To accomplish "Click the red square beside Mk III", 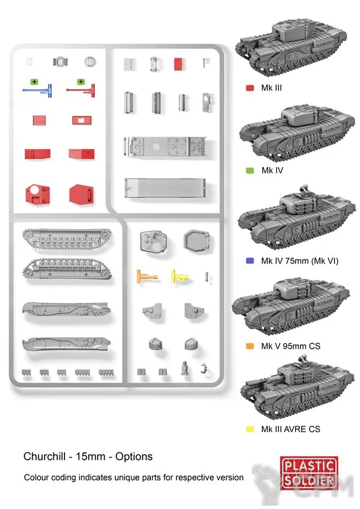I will (x=249, y=88).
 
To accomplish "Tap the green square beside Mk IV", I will (x=249, y=170).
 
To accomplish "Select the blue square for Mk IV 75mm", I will (x=249, y=261).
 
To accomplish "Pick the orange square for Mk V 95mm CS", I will (x=249, y=346).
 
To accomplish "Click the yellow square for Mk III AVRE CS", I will (x=249, y=429).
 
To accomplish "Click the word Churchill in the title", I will (x=44, y=456).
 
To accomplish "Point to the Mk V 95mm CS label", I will (x=290, y=346).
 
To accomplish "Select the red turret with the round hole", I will (x=37, y=193).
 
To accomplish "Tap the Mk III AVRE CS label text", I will (x=290, y=429).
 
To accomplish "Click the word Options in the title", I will (x=134, y=456).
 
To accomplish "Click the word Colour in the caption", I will (x=37, y=477).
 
